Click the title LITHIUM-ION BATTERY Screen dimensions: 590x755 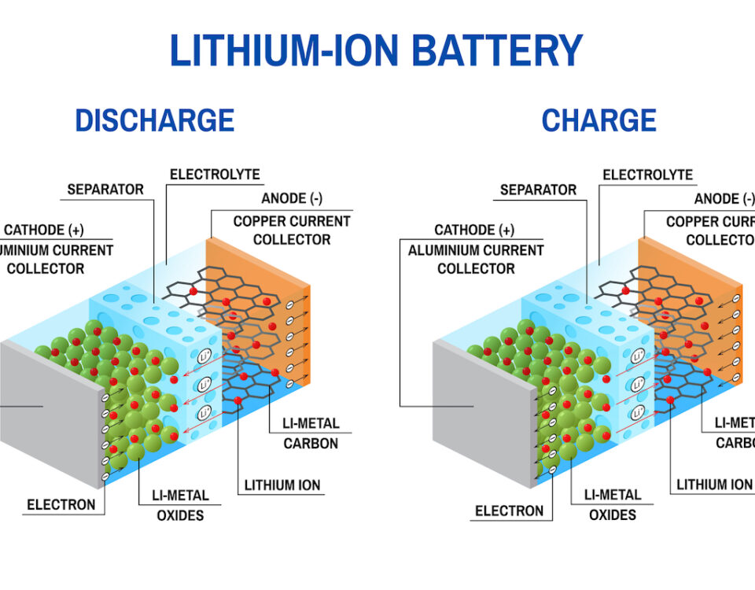[376, 50]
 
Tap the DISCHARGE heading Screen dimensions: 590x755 [154, 120]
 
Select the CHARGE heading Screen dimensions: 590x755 [598, 120]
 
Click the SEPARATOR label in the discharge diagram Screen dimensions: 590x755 [105, 190]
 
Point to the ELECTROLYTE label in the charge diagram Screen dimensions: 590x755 [647, 175]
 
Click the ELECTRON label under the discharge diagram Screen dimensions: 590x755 [61, 504]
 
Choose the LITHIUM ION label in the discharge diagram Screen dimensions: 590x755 [282, 485]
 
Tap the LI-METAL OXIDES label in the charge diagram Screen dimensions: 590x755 [613, 505]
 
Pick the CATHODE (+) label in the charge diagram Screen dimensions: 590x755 [474, 230]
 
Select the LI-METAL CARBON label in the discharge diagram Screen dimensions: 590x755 [311, 433]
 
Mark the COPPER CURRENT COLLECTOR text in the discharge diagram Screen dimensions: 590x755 [292, 230]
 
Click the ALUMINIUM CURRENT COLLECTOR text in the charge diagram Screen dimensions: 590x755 [476, 260]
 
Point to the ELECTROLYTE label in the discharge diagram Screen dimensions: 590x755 [215, 175]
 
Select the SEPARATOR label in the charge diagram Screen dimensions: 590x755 [538, 190]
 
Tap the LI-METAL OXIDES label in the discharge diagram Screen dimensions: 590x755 [179, 505]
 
